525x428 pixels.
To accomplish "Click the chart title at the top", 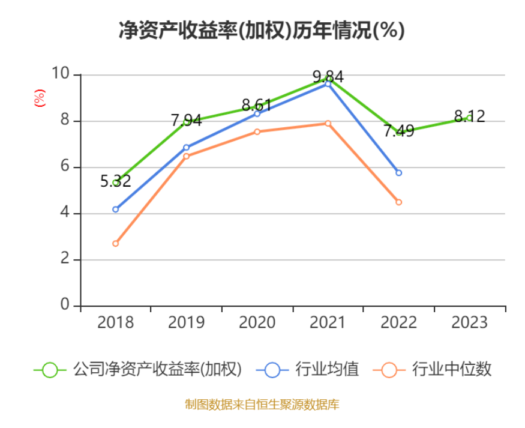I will [262, 30].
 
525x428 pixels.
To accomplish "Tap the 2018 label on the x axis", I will [115, 322].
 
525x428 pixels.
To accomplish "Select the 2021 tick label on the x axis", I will [328, 322].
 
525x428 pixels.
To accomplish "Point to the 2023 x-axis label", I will [469, 322].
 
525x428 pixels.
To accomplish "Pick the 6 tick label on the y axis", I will [65, 167].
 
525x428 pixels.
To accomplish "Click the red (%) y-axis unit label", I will [40, 98].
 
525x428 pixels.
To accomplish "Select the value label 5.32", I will [115, 181].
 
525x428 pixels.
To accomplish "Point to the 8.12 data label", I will [469, 116].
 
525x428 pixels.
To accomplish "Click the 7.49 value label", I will [398, 131].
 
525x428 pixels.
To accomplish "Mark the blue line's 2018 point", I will [115, 209].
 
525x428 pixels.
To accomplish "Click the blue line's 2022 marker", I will [398, 173].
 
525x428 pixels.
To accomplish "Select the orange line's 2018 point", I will [115, 244].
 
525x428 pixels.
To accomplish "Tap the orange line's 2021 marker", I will [328, 124].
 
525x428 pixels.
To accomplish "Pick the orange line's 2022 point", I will [398, 202].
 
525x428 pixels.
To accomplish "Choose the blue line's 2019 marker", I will [186, 147].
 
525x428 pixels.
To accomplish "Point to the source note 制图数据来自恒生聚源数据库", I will [262, 405].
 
